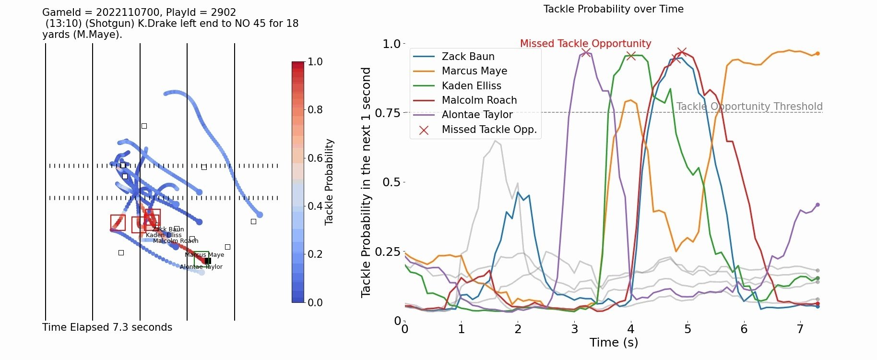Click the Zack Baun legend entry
click(x=468, y=57)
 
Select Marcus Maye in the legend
click(x=474, y=71)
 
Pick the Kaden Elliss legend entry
click(x=471, y=86)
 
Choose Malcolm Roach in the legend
click(x=479, y=100)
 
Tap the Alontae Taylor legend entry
click(x=477, y=115)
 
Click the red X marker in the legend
click(x=424, y=130)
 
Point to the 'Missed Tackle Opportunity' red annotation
click(x=585, y=44)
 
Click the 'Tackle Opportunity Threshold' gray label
click(x=749, y=107)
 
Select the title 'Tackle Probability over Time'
click(x=613, y=9)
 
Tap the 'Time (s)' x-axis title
click(x=614, y=342)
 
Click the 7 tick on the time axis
click(x=800, y=329)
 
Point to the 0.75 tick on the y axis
click(x=387, y=113)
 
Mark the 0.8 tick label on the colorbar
click(x=315, y=110)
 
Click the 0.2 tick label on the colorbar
click(x=315, y=254)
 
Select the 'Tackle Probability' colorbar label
click(x=329, y=182)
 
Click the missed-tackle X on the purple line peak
click(x=586, y=52)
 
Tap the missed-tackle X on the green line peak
click(x=631, y=56)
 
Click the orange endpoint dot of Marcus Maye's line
click(x=818, y=54)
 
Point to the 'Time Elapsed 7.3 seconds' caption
click(x=107, y=327)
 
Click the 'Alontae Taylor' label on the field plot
click(x=201, y=267)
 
